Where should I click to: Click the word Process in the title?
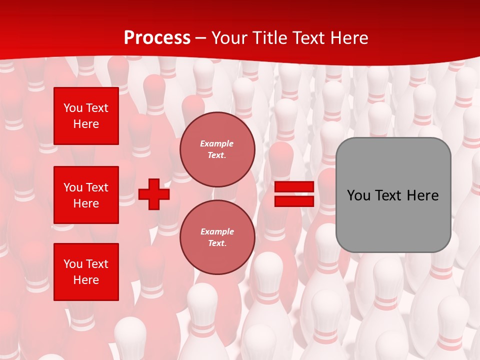coord(157,38)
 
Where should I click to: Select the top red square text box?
coord(86,116)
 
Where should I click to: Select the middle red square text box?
coord(86,195)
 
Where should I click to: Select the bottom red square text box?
coord(86,272)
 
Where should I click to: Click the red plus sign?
coord(154,194)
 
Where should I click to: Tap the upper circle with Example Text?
coord(217,149)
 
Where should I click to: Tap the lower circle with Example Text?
coord(217,237)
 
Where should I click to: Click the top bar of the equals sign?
coord(294,187)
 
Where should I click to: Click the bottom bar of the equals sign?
coord(294,201)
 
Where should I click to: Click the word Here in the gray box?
coord(422,195)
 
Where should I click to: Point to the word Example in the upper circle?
coord(217,143)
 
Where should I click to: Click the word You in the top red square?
coord(73,108)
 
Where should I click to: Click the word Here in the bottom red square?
coord(86,280)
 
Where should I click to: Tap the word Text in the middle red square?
coord(97,187)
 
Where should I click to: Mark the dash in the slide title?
coord(201,38)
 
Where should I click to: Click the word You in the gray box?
coord(358,195)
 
